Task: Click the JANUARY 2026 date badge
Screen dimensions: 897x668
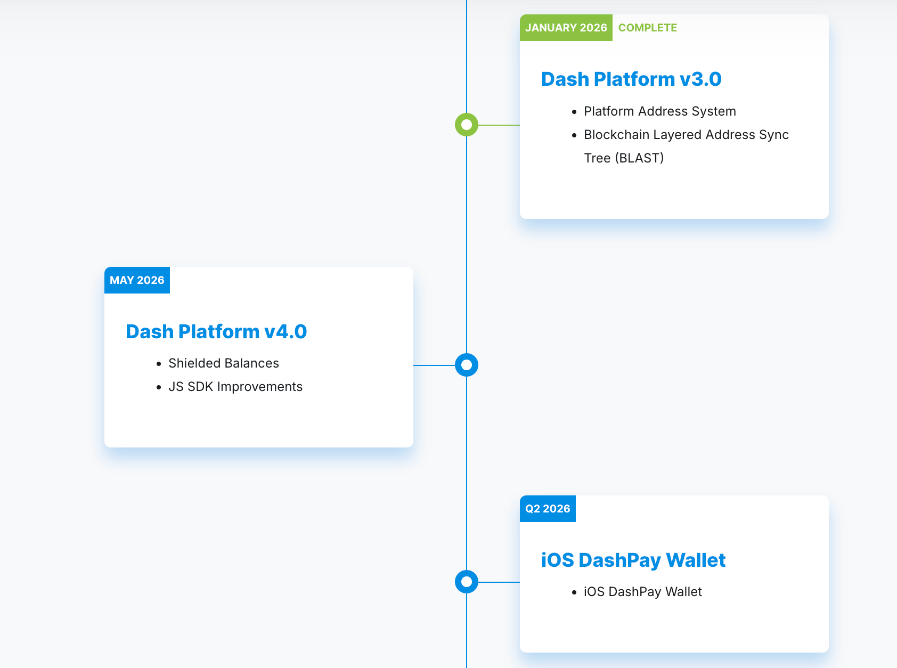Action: pyautogui.click(x=566, y=28)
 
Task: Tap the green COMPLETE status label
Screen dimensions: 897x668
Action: pyautogui.click(x=648, y=28)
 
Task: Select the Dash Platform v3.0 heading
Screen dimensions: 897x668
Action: pyautogui.click(x=631, y=79)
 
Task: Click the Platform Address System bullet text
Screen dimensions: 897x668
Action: pyautogui.click(x=659, y=111)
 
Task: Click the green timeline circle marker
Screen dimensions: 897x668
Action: pyautogui.click(x=466, y=125)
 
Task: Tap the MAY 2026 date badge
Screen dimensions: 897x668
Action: pyautogui.click(x=137, y=280)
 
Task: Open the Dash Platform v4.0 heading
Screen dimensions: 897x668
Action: pyautogui.click(x=216, y=331)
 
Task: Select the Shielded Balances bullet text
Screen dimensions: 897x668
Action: pyautogui.click(x=224, y=363)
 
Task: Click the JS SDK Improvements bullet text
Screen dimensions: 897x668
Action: pyautogui.click(x=235, y=387)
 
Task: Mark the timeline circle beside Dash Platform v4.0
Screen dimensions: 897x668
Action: pyautogui.click(x=466, y=365)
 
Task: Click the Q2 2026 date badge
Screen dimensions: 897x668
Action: pyautogui.click(x=548, y=509)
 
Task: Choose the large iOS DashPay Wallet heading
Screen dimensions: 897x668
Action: pyautogui.click(x=633, y=560)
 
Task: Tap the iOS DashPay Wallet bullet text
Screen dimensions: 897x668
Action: pyautogui.click(x=642, y=592)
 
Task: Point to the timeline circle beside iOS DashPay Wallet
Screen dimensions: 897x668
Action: pyautogui.click(x=466, y=582)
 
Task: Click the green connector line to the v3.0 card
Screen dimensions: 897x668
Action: pyautogui.click(x=499, y=125)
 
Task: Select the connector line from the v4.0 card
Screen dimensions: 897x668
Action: pyautogui.click(x=434, y=365)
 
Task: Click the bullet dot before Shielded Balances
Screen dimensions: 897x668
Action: pyautogui.click(x=159, y=364)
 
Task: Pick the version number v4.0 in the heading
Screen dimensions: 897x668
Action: pyautogui.click(x=286, y=331)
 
